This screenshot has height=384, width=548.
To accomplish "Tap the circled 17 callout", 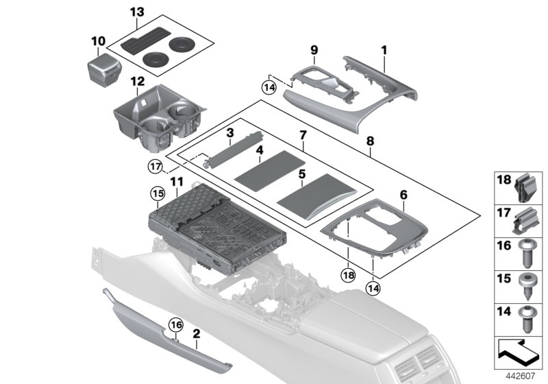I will [157, 167].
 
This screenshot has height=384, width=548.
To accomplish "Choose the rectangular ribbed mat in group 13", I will [143, 43].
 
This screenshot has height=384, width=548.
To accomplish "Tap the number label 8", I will [371, 141].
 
